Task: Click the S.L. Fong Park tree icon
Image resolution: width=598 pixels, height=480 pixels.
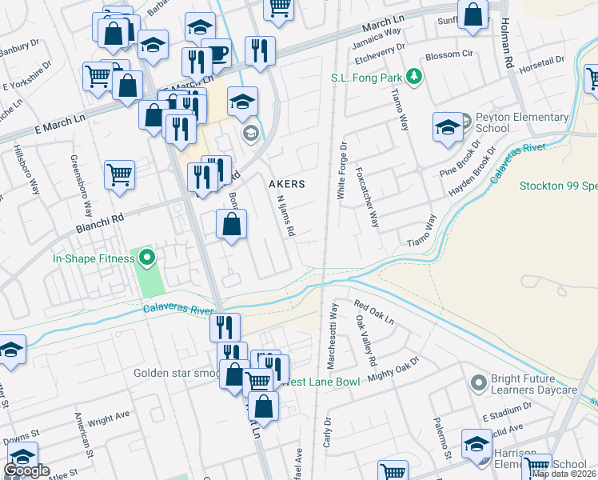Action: coord(413,78)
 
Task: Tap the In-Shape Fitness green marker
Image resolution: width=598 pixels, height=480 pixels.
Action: coord(146,258)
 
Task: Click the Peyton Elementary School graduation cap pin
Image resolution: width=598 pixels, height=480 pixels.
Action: coord(448,127)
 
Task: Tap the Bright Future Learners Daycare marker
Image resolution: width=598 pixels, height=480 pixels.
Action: coord(479,383)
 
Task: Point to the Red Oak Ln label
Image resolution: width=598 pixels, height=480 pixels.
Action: coord(374,313)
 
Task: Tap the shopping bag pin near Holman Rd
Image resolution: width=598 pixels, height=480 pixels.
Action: coord(474,14)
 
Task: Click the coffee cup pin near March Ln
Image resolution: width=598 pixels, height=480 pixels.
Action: coord(216,54)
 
